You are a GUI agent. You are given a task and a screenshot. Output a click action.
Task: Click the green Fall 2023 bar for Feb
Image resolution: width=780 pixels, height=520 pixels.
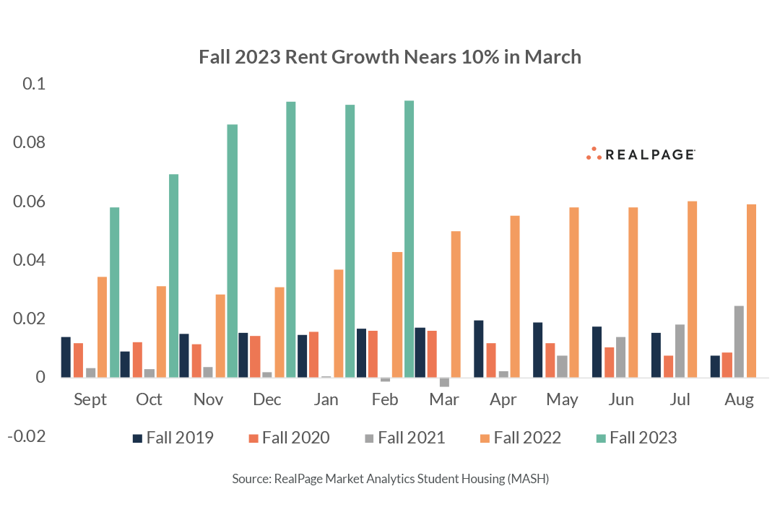click(409, 238)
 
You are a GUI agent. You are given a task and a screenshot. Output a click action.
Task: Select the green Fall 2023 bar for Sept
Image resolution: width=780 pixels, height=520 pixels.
click(114, 292)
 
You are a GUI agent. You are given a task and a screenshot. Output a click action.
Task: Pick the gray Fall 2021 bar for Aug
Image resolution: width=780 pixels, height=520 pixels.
click(739, 341)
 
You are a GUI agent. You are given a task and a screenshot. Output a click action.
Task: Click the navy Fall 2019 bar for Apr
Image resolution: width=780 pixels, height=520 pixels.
click(479, 348)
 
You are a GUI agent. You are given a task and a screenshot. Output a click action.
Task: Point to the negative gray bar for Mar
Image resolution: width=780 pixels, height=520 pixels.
click(444, 381)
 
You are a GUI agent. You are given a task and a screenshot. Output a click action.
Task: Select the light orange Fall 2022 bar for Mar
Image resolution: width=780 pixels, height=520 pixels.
click(456, 304)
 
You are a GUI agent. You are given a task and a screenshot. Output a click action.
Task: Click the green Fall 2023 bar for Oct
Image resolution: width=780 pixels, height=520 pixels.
click(173, 275)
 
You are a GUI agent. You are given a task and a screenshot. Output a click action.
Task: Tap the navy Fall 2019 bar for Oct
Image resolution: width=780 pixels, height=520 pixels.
click(125, 364)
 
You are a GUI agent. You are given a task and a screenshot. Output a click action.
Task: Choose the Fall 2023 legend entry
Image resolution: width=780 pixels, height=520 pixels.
click(636, 438)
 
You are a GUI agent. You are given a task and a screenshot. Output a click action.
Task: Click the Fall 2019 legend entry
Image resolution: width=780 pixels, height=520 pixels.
click(172, 438)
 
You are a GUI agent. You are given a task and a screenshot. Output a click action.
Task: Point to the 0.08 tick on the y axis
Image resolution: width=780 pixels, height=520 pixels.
click(29, 142)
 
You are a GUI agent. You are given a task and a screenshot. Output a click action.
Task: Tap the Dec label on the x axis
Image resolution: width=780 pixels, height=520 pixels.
click(267, 399)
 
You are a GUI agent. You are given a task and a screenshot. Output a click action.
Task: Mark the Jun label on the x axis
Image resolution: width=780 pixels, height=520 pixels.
click(621, 399)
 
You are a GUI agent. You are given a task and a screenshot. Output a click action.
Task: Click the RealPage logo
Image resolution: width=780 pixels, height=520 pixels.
click(640, 154)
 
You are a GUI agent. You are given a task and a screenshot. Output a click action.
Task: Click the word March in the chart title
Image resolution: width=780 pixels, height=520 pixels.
click(552, 57)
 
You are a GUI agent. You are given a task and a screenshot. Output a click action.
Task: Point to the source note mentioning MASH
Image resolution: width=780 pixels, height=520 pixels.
click(390, 478)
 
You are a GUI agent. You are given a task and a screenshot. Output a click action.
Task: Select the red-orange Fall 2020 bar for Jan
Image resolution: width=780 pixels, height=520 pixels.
click(313, 354)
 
